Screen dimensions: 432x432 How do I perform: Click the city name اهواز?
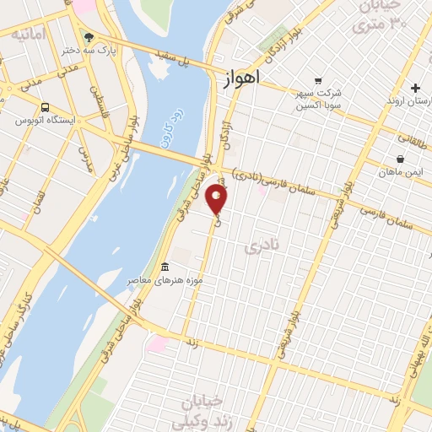click(242, 77)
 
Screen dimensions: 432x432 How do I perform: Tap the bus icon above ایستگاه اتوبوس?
click(44, 108)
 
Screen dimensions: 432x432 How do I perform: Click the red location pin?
click(218, 199)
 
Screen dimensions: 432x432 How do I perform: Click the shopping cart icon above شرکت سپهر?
click(318, 80)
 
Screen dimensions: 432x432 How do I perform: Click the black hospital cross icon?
click(415, 88)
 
